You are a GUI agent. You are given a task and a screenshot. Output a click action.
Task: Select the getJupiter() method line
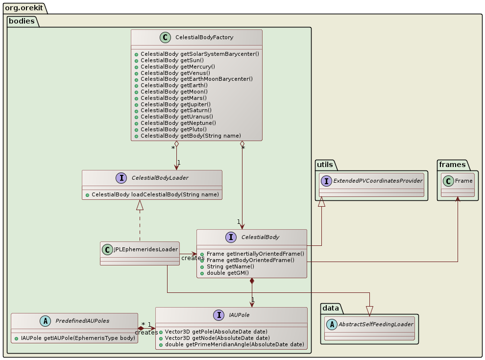click(x=175, y=104)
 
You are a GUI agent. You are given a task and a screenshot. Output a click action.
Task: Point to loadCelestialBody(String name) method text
click(x=155, y=194)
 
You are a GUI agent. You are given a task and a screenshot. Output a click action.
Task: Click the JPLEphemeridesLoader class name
click(x=145, y=249)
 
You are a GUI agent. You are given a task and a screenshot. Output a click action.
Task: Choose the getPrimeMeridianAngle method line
click(x=234, y=344)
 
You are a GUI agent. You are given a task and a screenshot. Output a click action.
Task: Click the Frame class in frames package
click(x=462, y=180)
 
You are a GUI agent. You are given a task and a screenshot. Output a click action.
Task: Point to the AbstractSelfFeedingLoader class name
click(x=375, y=324)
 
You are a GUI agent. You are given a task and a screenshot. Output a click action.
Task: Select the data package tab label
click(x=332, y=308)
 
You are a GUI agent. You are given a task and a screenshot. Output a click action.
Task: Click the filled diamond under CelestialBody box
click(x=252, y=282)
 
